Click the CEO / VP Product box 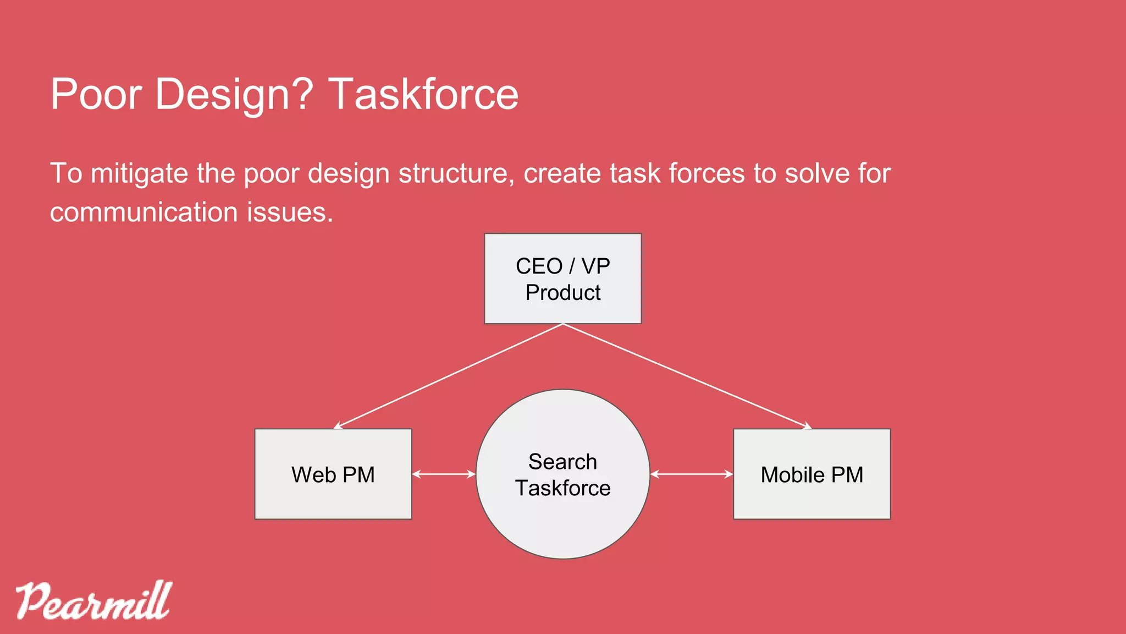tap(562, 278)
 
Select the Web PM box tap(333, 474)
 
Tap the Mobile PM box tap(812, 474)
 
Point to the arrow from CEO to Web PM tap(448, 376)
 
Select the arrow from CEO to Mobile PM tap(687, 376)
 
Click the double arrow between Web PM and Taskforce tap(444, 474)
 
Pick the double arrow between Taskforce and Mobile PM tap(692, 474)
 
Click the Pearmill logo tap(93, 601)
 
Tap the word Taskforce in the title tap(423, 94)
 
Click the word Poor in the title tap(96, 94)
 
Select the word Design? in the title tap(234, 94)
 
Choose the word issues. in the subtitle tap(290, 212)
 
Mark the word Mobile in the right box tap(792, 475)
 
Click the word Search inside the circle tap(562, 462)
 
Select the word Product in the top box tap(562, 293)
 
